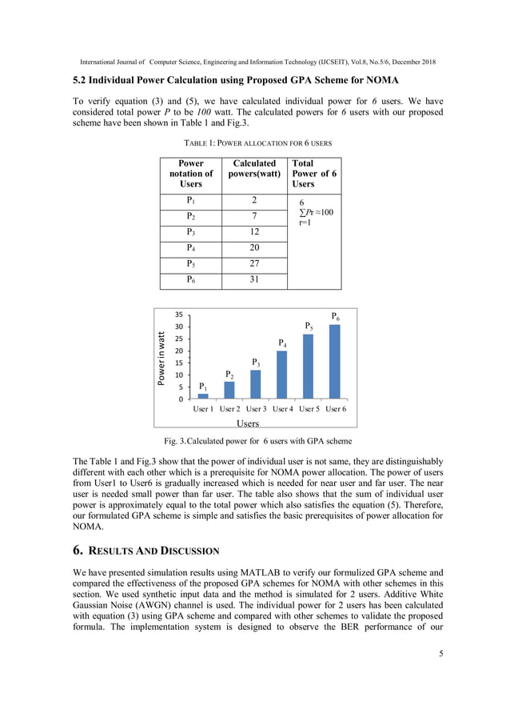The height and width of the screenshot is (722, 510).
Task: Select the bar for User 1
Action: click(203, 395)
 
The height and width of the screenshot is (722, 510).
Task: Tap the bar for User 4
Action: click(281, 375)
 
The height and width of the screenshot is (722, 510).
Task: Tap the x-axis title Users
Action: click(249, 423)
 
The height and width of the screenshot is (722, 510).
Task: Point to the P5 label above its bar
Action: click(309, 327)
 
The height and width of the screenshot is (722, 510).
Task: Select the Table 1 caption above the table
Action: click(254, 142)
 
